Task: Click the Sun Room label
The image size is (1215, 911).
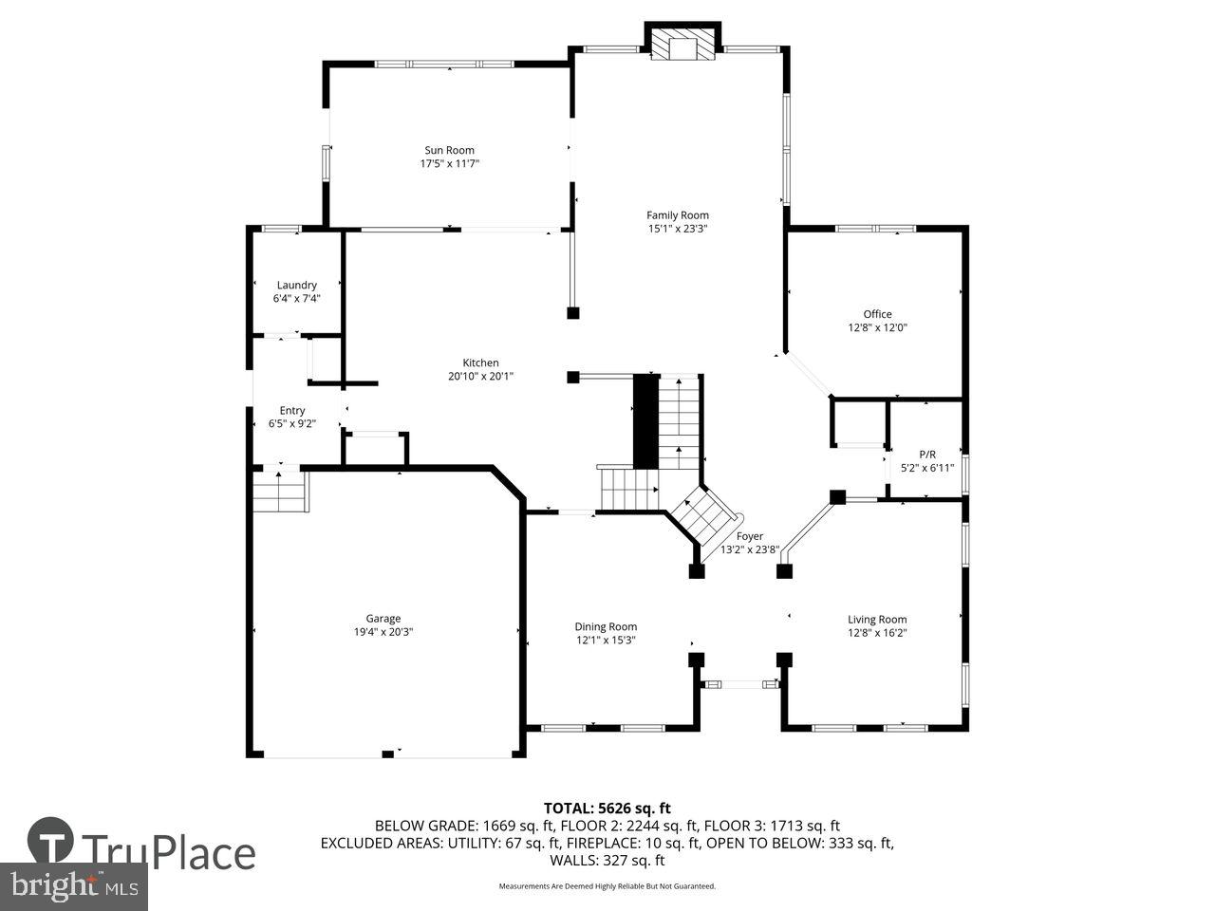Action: pos(449,150)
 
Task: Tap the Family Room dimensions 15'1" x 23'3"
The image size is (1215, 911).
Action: pos(678,229)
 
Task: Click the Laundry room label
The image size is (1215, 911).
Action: pos(296,285)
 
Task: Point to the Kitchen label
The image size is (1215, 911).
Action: pos(480,363)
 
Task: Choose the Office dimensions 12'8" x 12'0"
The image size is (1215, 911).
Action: pos(877,327)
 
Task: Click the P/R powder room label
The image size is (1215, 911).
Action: pos(926,454)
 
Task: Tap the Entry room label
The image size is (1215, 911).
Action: pos(292,410)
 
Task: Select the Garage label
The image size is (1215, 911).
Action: pos(383,618)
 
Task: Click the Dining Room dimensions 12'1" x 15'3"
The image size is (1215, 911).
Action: pos(605,640)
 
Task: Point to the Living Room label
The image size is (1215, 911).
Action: pos(877,620)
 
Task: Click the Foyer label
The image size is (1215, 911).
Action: pos(749,536)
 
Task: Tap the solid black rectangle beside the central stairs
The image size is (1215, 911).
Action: pos(645,421)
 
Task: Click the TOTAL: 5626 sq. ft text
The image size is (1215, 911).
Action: pos(607,809)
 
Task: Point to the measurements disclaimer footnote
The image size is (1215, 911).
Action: pos(607,886)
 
